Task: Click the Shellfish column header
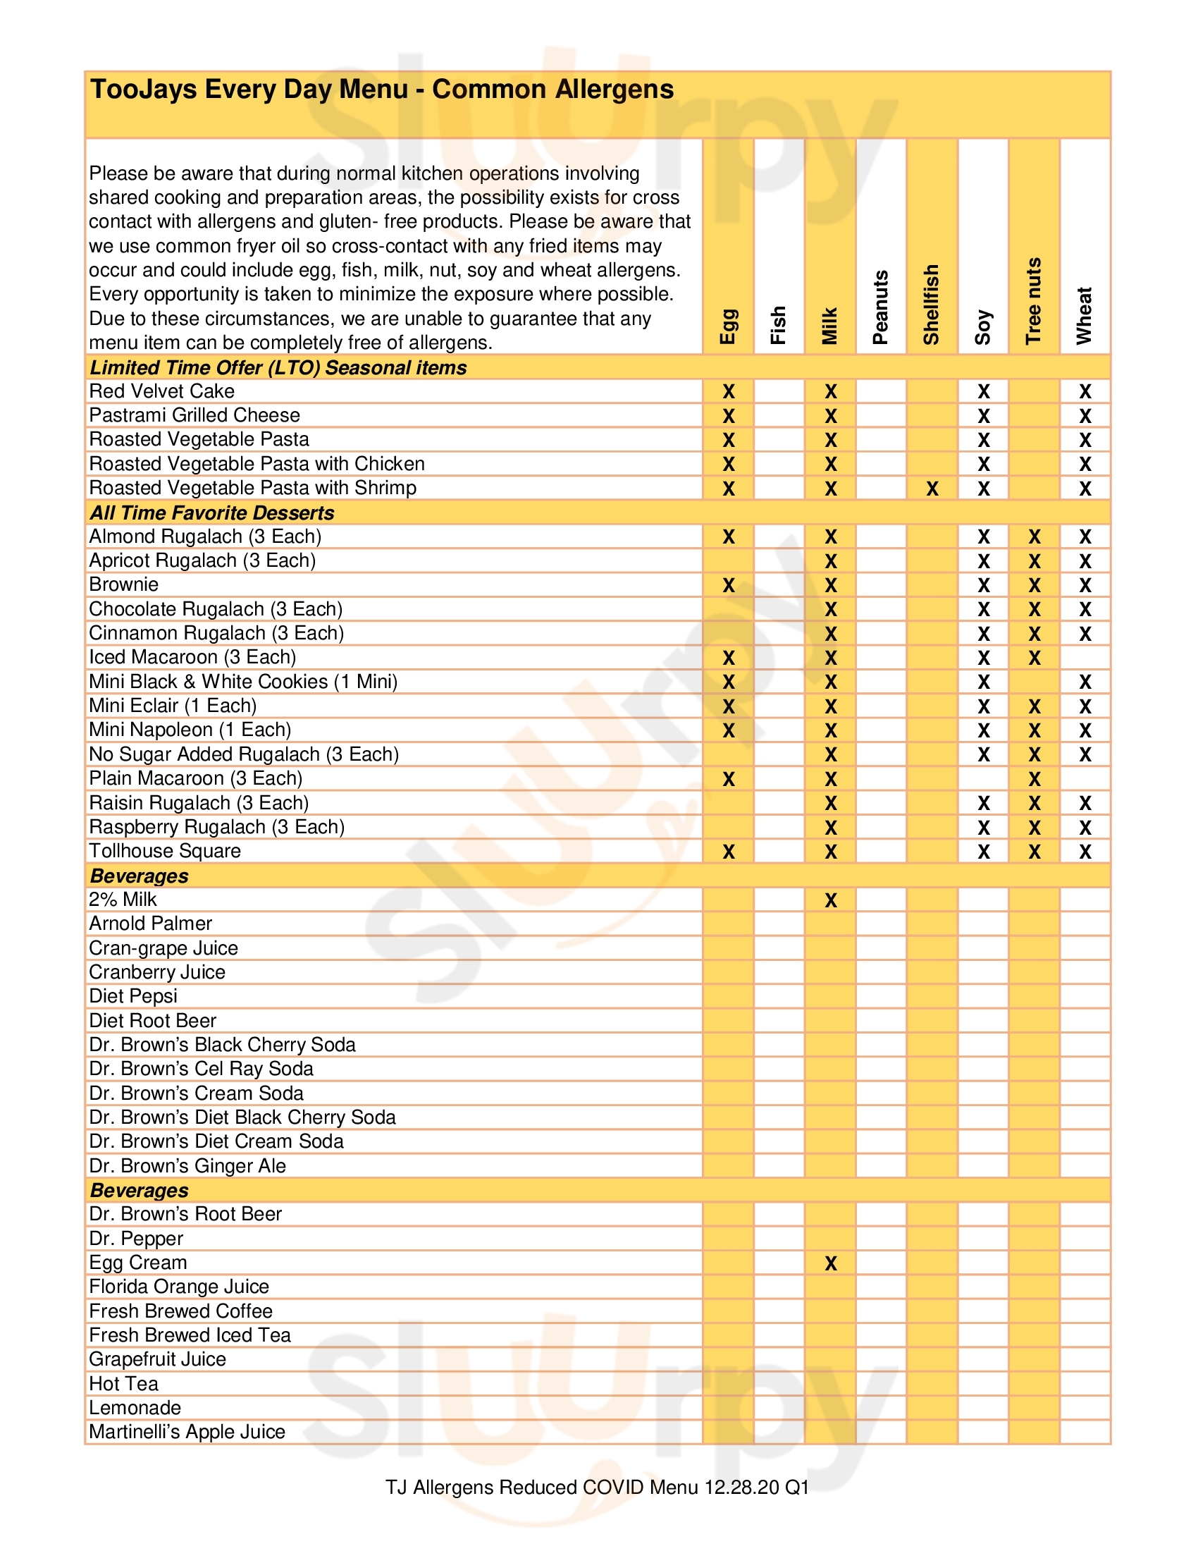931,305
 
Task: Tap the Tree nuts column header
1033,301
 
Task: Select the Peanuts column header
880,307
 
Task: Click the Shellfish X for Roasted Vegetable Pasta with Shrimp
932,489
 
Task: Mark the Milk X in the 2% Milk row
830,900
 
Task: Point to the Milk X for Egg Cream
830,1263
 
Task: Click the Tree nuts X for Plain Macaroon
1034,779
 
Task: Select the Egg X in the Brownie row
728,585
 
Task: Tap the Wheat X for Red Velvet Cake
1085,391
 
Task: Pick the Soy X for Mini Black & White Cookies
983,682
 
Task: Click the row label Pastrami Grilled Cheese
194,415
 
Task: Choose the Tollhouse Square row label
165,851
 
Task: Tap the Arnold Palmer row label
151,924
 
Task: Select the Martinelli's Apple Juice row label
187,1432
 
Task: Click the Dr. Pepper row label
135,1239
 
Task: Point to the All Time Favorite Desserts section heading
211,513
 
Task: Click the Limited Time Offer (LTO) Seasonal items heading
278,368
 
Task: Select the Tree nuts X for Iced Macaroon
1034,658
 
